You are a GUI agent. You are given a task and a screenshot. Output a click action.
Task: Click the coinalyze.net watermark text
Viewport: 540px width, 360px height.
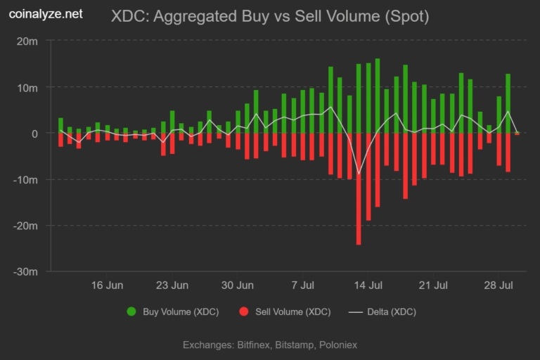coord(46,13)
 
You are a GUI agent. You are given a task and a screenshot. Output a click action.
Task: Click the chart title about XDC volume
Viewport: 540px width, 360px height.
coord(270,15)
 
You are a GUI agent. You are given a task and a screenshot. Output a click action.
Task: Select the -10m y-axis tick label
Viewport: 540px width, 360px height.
coord(27,180)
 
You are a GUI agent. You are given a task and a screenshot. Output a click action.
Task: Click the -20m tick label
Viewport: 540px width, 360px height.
coord(27,226)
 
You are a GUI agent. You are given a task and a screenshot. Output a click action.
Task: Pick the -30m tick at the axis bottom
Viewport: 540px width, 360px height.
coord(27,272)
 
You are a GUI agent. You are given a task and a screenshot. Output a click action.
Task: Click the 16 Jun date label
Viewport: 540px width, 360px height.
coord(107,285)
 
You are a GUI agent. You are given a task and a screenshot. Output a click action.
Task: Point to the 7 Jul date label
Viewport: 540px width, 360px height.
coord(302,285)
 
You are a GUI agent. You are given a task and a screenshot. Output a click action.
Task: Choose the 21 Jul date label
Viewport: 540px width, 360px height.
coord(434,285)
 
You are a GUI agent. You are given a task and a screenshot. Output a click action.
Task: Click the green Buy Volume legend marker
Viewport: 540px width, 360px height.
coord(131,311)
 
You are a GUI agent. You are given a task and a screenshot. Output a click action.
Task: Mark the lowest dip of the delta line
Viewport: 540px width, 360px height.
coord(359,174)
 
